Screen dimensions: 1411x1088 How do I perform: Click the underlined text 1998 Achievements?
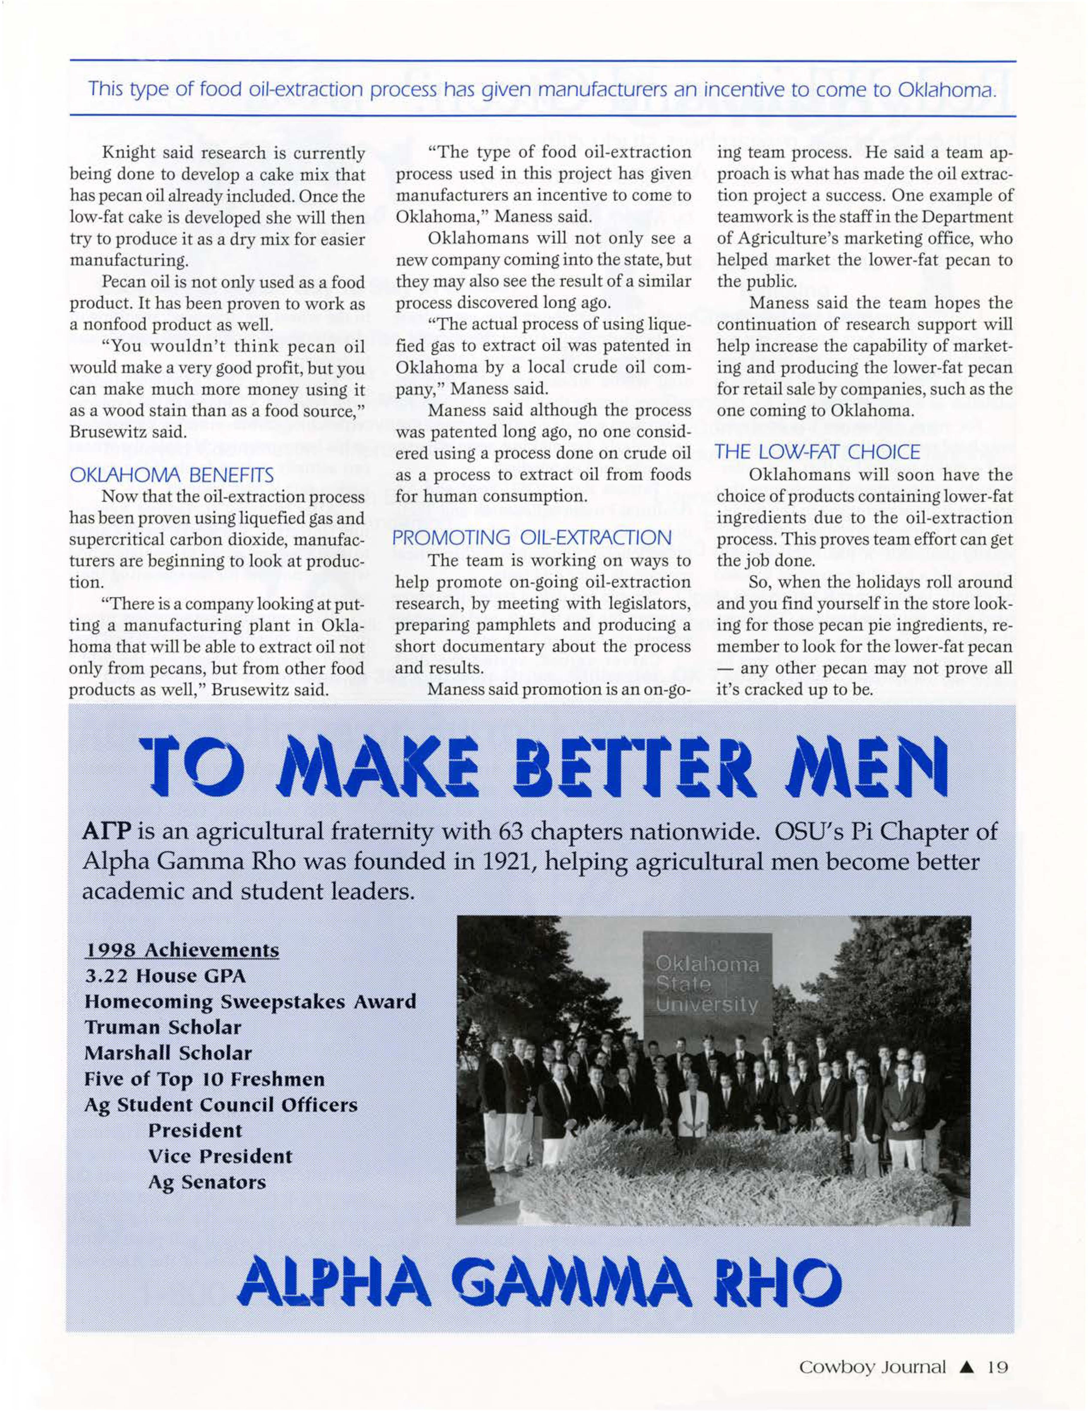coord(182,950)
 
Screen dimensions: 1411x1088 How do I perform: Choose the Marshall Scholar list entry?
coord(168,1053)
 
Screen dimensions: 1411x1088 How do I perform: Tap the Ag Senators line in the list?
coord(207,1182)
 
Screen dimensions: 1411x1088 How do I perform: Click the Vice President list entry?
coord(220,1156)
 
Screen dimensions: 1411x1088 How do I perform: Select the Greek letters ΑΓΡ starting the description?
coord(107,832)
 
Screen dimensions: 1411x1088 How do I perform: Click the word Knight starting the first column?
coord(127,153)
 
